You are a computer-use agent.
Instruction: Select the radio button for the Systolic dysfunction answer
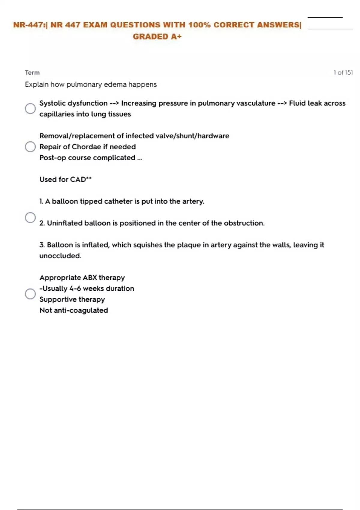[x=30, y=109]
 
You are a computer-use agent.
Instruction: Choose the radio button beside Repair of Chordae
[x=30, y=147]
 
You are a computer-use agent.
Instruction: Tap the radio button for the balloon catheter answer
[x=30, y=217]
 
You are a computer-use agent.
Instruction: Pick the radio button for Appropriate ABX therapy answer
[x=30, y=294]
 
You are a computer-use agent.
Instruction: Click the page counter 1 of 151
[x=343, y=73]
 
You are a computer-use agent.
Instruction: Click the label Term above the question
[x=32, y=73]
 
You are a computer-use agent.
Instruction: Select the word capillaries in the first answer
[x=57, y=114]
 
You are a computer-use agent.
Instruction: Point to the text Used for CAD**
[x=65, y=179]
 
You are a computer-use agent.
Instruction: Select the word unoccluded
[x=60, y=256]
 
